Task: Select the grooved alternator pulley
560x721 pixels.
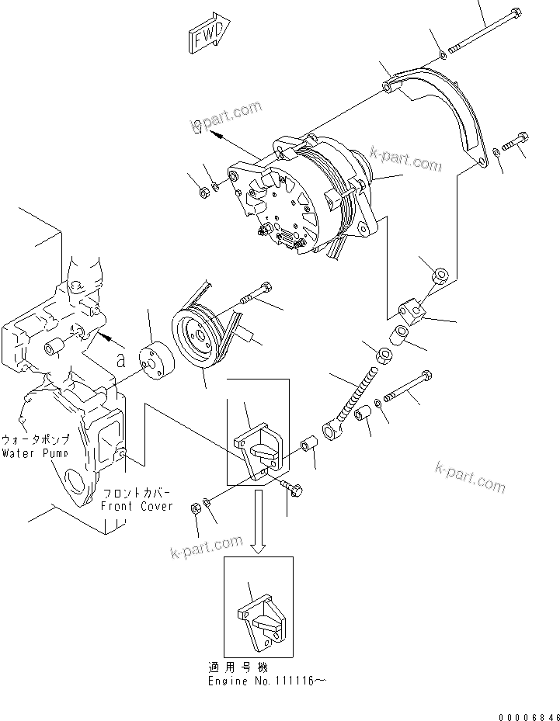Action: tap(198, 336)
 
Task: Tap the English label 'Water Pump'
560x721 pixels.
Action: tap(34, 452)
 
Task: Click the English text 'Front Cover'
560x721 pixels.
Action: tap(136, 505)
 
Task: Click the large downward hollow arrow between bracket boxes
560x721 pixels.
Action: tap(259, 529)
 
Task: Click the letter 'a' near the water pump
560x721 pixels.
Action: tap(120, 361)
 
